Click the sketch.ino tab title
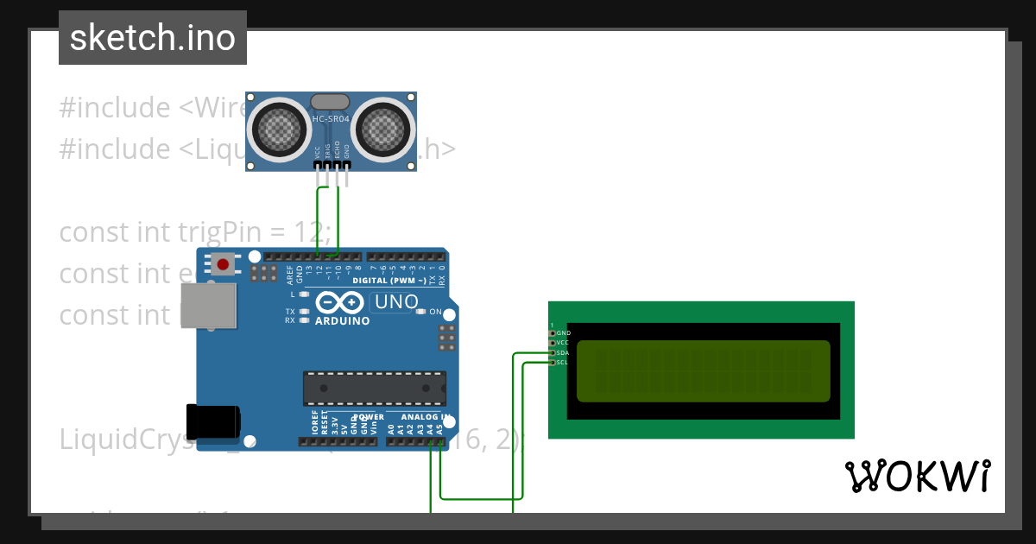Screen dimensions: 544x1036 153,38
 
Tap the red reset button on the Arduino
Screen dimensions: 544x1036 224,263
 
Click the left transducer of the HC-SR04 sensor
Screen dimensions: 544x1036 279,130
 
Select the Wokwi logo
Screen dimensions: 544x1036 918,476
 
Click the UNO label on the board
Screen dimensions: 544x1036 395,303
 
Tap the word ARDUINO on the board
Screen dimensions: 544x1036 343,321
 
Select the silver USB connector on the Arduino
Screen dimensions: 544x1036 208,307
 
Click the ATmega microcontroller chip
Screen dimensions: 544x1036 374,388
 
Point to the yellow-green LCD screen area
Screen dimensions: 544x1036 703,371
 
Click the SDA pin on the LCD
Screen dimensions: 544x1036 553,352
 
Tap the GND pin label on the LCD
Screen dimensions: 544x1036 564,332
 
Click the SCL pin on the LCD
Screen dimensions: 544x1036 553,363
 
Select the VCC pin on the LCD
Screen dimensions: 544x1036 553,343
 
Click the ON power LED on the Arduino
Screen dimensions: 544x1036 422,312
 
